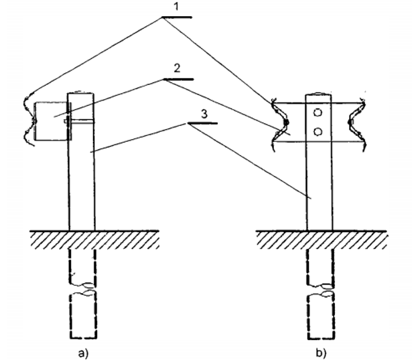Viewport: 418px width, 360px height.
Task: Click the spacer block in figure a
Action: tap(50, 120)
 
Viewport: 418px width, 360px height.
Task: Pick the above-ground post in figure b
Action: tap(319, 187)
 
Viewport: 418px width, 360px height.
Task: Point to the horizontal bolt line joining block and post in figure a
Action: tap(81, 120)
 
